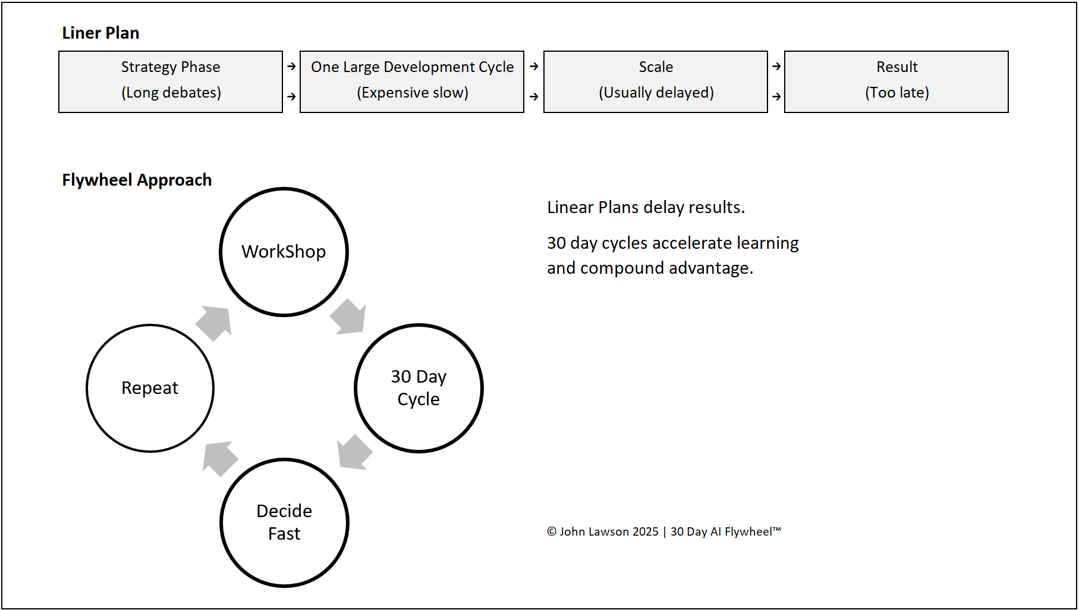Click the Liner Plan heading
(x=100, y=33)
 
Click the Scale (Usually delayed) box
(x=656, y=82)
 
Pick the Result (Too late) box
(x=896, y=82)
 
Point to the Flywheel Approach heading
(x=137, y=180)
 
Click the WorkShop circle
(x=284, y=252)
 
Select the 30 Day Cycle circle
(x=419, y=388)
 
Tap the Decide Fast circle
(x=284, y=523)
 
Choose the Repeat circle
(x=150, y=388)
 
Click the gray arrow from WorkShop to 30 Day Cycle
(x=349, y=317)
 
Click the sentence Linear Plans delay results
(x=646, y=207)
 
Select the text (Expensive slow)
(x=412, y=93)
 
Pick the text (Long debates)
(x=171, y=93)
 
